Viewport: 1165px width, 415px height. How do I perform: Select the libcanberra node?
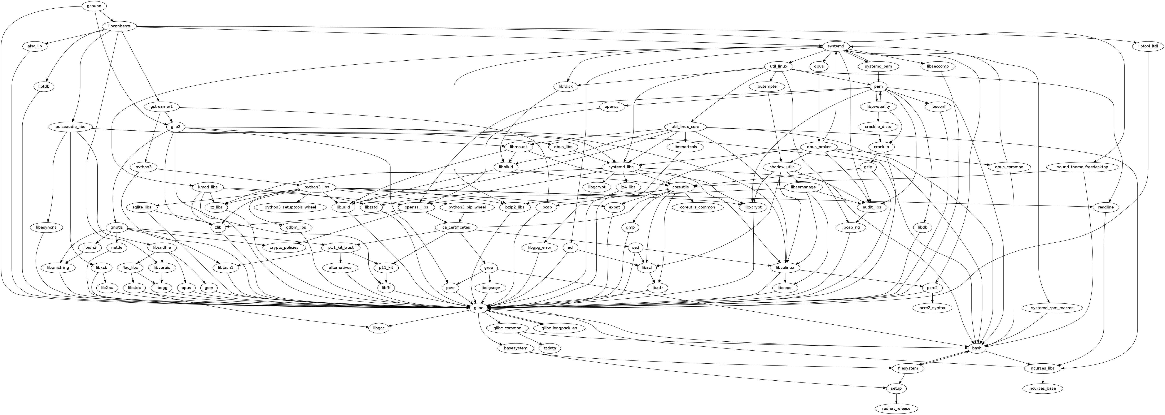[119, 26]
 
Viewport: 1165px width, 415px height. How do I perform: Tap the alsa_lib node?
[34, 46]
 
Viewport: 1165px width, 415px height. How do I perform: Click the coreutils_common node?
[697, 207]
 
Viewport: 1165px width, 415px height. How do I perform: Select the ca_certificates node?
[455, 227]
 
